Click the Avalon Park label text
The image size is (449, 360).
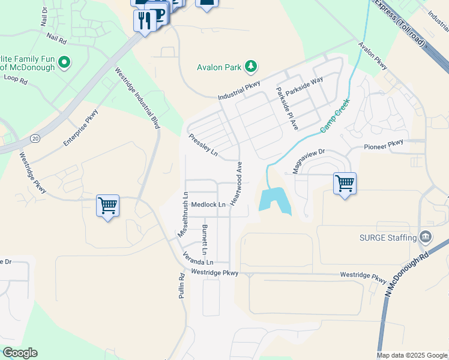[x=220, y=67]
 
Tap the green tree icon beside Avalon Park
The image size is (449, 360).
[x=252, y=66]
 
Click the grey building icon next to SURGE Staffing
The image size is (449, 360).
[x=426, y=237]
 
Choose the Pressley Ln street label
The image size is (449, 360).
[x=203, y=145]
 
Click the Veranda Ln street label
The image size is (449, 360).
[x=198, y=259]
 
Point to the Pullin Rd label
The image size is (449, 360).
[x=181, y=286]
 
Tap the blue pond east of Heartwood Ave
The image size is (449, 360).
[x=274, y=200]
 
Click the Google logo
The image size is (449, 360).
[x=20, y=353]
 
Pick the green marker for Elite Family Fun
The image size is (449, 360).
[x=64, y=62]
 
